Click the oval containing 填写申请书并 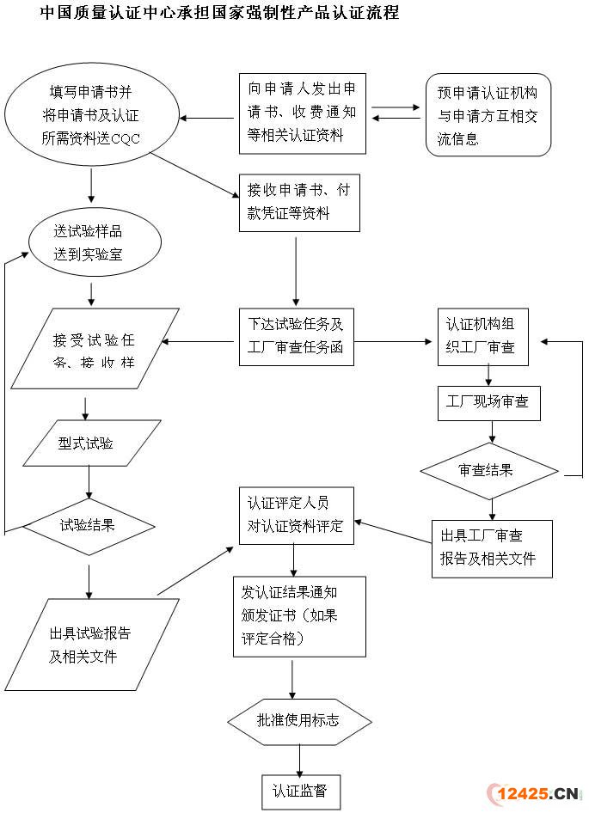pyautogui.click(x=91, y=115)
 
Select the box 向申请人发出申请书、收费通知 pyautogui.click(x=304, y=113)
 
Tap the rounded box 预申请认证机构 pyautogui.click(x=488, y=115)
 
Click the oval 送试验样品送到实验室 pyautogui.click(x=94, y=242)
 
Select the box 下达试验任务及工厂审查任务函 pyautogui.click(x=296, y=337)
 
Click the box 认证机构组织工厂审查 pyautogui.click(x=482, y=337)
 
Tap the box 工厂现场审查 pyautogui.click(x=488, y=402)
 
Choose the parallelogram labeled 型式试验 pyautogui.click(x=92, y=443)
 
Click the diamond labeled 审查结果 pyautogui.click(x=488, y=470)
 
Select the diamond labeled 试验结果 pyautogui.click(x=89, y=523)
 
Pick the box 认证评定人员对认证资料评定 pyautogui.click(x=296, y=515)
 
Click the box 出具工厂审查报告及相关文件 pyautogui.click(x=491, y=548)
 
